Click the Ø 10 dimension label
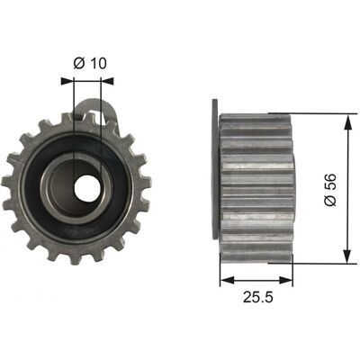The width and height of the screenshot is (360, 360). (x=90, y=63)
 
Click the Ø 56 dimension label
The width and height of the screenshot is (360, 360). (x=330, y=190)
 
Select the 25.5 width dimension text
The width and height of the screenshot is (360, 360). (x=258, y=297)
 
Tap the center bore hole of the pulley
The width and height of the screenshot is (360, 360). (x=87, y=189)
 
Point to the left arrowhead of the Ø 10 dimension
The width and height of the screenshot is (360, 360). (x=67, y=81)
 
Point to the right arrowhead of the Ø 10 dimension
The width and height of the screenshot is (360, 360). (x=107, y=81)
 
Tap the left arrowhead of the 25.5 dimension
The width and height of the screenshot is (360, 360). (x=227, y=280)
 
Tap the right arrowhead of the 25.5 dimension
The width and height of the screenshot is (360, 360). (x=285, y=280)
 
